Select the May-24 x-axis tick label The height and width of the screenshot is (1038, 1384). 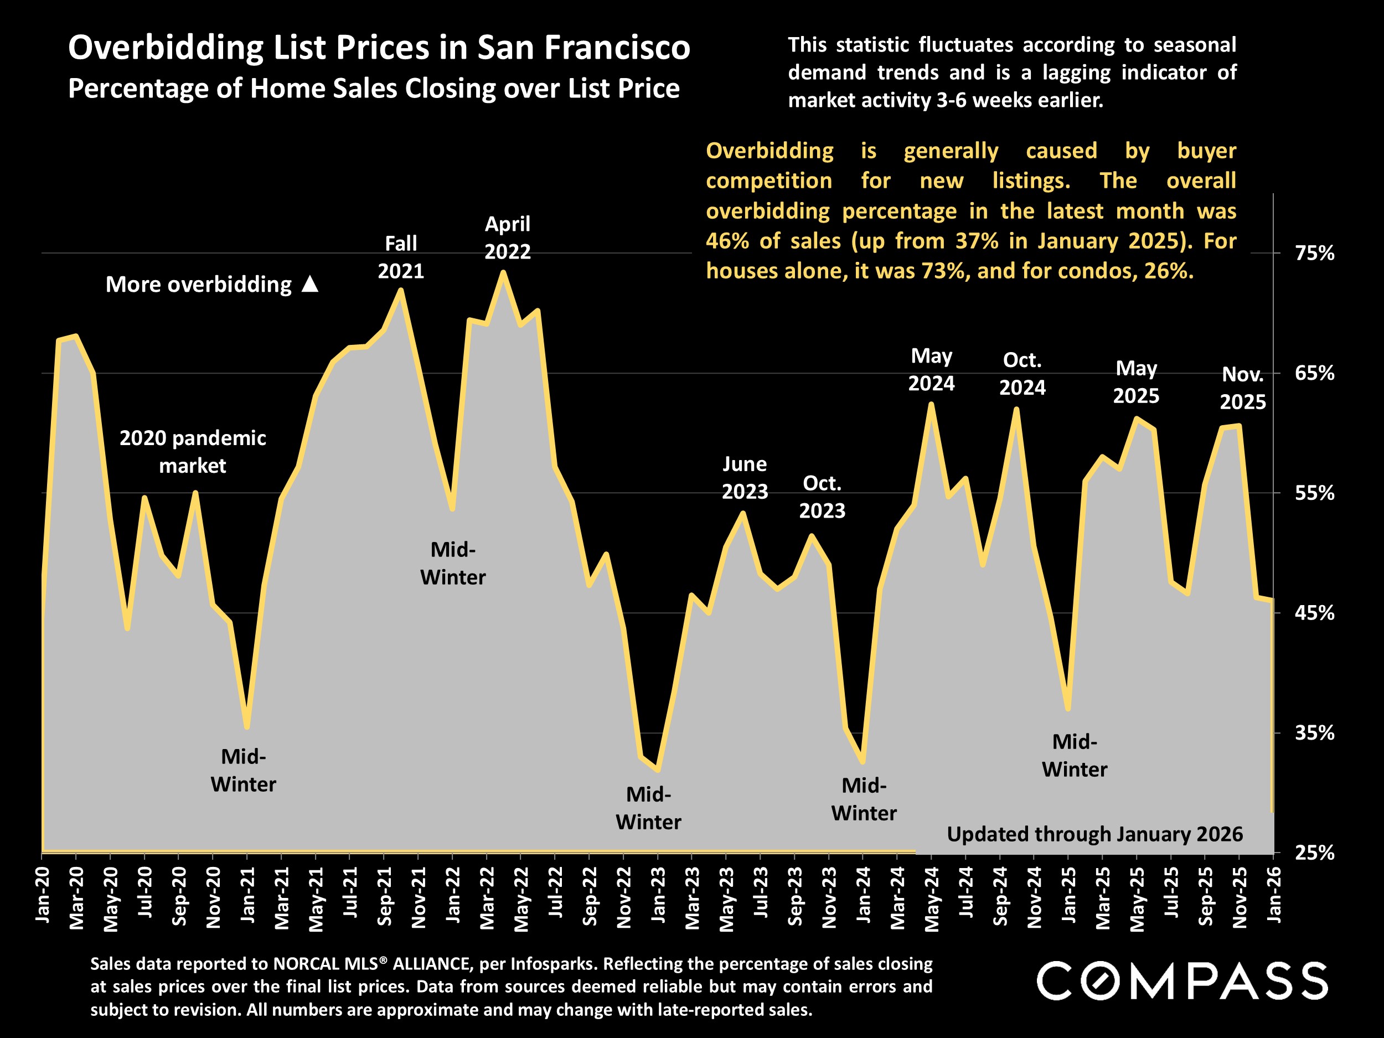point(932,898)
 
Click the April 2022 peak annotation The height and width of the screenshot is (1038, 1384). point(508,237)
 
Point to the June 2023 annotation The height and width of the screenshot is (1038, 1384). point(745,477)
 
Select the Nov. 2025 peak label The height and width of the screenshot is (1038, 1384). point(1243,388)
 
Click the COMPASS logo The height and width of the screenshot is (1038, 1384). point(1182,980)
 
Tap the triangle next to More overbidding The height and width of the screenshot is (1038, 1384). point(311,285)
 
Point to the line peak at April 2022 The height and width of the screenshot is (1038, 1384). point(503,272)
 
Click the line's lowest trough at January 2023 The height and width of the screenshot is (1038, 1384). point(658,769)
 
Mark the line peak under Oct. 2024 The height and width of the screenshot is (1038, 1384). point(1016,409)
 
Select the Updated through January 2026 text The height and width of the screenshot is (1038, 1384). point(1094,834)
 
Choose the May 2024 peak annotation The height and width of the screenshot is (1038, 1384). point(931,370)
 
